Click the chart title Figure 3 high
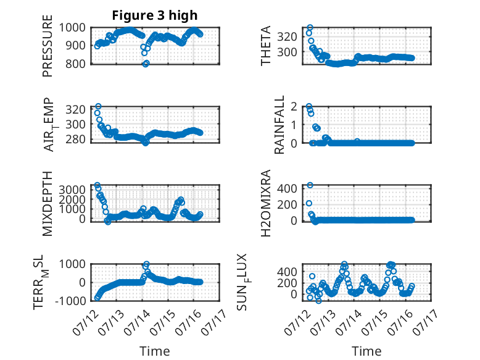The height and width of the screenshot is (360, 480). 155,15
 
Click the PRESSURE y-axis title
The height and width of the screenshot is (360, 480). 48,46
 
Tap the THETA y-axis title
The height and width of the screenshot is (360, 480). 266,46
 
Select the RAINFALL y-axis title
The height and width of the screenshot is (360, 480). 279,125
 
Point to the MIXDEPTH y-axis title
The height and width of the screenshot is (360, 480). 48,204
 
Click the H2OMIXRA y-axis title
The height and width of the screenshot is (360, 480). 266,203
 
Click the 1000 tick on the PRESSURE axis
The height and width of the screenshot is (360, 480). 72,28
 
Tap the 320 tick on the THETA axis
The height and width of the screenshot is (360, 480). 287,37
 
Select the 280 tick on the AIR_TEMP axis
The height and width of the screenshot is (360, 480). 75,140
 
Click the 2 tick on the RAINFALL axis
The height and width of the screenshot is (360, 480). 294,107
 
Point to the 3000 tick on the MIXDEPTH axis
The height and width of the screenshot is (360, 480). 72,190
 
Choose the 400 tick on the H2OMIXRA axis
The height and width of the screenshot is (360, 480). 287,188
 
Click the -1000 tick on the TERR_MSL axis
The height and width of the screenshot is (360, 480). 70,301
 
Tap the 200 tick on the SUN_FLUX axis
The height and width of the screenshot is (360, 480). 287,283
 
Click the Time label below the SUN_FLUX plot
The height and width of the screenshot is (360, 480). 366,351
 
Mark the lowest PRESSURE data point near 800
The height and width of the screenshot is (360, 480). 146,64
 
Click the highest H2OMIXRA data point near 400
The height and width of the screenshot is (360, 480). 310,185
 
